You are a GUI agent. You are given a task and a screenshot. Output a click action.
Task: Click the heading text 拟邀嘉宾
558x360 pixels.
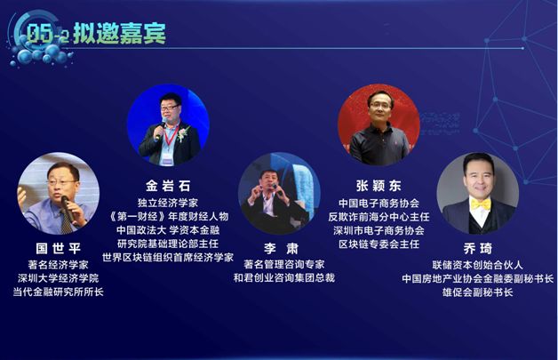tap(120, 34)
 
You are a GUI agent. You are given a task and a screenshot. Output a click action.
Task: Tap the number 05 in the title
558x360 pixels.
tap(39, 34)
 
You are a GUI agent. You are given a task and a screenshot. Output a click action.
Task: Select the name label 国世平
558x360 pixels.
tap(59, 248)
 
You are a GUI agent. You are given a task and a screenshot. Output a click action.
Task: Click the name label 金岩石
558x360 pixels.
tap(168, 186)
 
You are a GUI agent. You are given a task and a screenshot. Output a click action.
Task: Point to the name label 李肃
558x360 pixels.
tap(281, 248)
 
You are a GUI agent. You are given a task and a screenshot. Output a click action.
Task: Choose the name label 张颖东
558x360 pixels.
tap(379, 186)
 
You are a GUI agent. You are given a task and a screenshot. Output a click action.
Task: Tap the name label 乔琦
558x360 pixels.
tap(478, 248)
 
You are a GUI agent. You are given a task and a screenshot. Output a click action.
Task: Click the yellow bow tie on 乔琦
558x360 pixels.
tap(481, 204)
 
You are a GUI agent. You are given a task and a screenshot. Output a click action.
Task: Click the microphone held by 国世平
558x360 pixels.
tap(68, 209)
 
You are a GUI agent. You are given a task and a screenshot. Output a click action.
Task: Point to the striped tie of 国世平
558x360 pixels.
tap(66, 222)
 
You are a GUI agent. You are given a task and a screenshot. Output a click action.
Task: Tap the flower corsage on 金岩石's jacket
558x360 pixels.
tap(184, 133)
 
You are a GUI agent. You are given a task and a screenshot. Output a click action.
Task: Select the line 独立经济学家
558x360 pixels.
tap(168, 203)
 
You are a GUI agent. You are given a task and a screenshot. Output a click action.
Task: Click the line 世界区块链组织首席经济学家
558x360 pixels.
tap(168, 257)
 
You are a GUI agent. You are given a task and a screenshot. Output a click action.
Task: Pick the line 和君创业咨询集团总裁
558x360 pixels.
tap(284, 277)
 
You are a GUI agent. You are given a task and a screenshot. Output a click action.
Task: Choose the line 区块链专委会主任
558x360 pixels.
tap(379, 244)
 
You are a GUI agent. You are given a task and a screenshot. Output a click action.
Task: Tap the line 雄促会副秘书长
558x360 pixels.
tap(477, 292)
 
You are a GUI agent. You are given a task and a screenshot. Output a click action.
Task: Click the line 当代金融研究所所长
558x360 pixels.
tap(59, 292)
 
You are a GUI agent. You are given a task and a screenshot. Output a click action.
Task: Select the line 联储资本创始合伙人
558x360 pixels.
tap(477, 265)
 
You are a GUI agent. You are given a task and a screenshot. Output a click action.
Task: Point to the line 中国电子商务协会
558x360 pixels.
tap(379, 203)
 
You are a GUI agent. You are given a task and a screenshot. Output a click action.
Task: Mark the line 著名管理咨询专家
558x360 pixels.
tap(284, 264)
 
